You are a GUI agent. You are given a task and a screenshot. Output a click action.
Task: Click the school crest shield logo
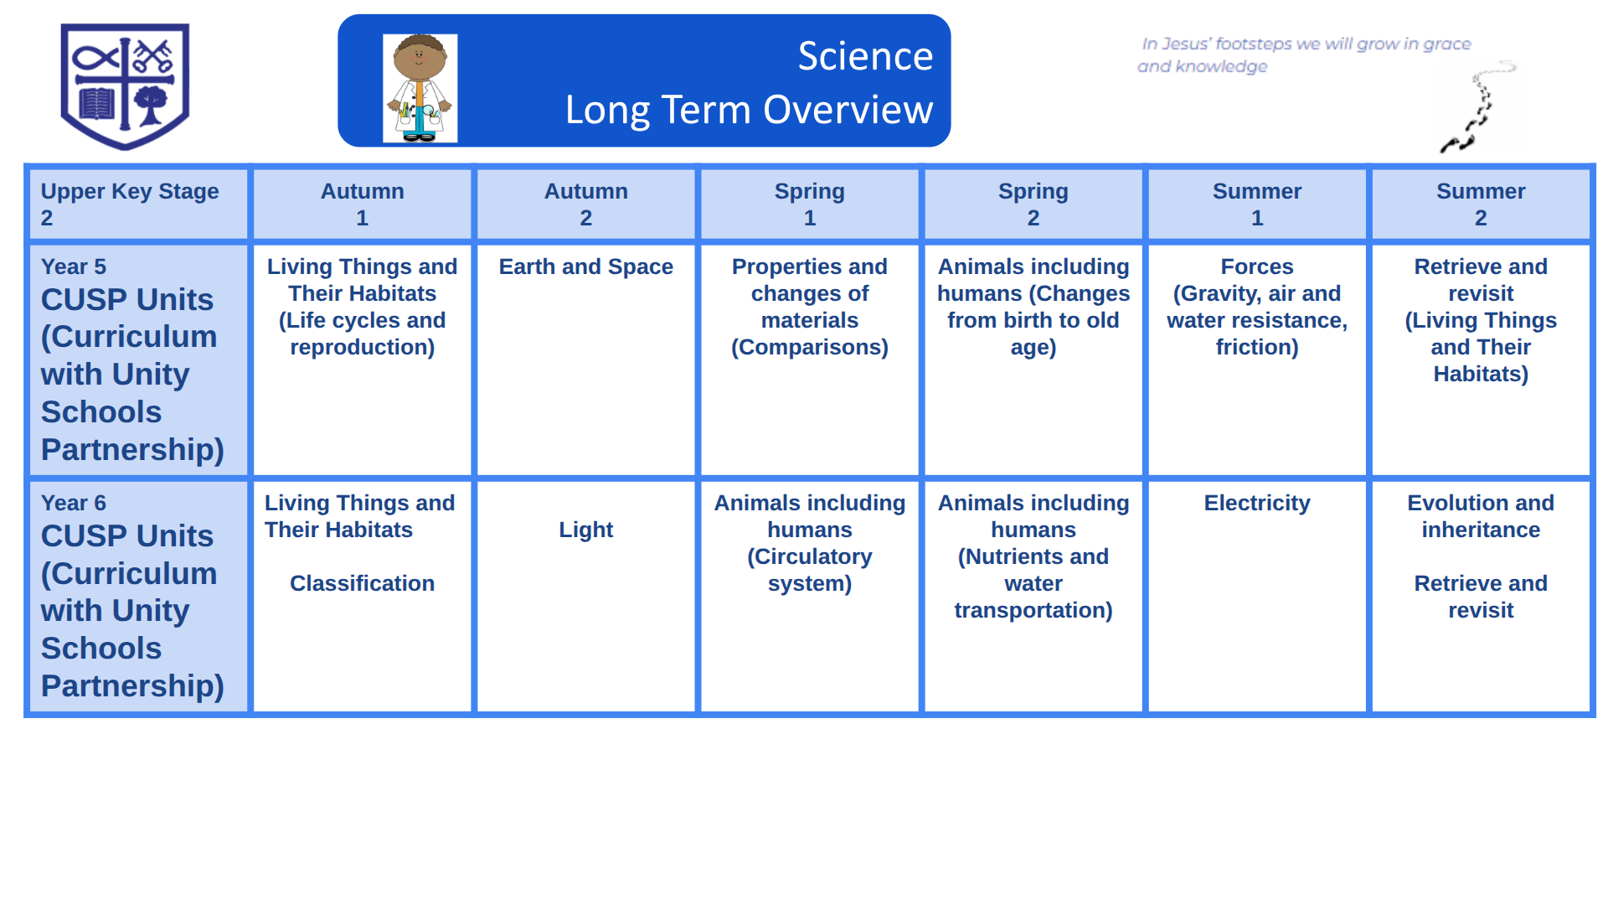[125, 86]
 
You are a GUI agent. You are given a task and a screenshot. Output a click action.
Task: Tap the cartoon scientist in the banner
[420, 88]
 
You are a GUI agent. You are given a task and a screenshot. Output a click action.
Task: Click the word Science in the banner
[865, 56]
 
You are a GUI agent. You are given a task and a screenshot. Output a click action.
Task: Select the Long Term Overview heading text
[749, 110]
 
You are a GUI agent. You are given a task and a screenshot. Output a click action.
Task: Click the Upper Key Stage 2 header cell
[138, 204]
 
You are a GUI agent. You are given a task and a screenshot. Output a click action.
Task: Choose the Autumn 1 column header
[362, 204]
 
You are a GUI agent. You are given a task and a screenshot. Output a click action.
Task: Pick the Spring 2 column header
[1033, 204]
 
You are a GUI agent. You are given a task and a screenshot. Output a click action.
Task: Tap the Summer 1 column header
[1256, 204]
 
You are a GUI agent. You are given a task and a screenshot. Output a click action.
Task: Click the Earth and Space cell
[585, 359]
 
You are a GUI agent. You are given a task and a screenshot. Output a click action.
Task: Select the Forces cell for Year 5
[1256, 359]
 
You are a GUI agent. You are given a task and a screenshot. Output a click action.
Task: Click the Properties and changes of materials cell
[809, 359]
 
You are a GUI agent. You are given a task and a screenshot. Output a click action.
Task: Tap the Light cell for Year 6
[585, 596]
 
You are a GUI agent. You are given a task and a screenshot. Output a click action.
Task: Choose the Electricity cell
[1256, 596]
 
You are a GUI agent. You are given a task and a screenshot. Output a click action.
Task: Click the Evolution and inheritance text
[1481, 516]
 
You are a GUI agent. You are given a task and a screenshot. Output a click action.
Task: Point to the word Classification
[362, 583]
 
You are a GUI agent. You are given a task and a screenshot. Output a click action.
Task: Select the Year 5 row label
[138, 359]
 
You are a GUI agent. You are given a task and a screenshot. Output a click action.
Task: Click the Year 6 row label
[138, 596]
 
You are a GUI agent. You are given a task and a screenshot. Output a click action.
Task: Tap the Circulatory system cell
[809, 596]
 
